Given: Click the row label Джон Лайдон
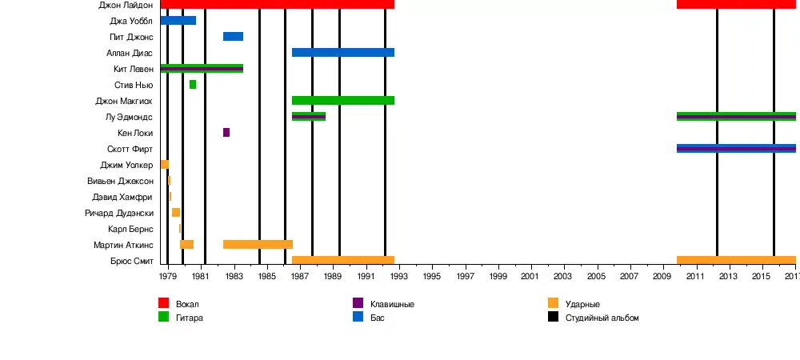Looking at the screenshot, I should pos(126,5).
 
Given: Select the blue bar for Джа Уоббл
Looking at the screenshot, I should pos(178,21).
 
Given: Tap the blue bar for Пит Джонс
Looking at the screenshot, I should pos(233,37).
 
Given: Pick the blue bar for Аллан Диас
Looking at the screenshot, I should pos(342,53).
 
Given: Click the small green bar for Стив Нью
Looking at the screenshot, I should pos(193,85).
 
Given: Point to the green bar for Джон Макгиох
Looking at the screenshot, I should pos(342,101).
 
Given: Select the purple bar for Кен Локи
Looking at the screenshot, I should pos(226,133).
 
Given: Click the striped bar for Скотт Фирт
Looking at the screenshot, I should pos(736,149).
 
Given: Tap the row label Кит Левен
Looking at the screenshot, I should pos(133,70).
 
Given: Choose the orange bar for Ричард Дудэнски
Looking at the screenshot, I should pos(176,213).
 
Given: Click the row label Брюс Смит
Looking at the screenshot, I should pos(132,262).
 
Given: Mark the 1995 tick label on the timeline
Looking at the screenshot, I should pos(432,276).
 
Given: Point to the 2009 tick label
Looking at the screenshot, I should pos(662,276).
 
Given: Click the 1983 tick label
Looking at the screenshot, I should pos(234,276).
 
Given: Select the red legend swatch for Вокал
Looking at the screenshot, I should pos(163,303).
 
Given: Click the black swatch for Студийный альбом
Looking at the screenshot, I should pos(553,317).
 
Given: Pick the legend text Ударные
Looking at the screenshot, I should pos(582,305).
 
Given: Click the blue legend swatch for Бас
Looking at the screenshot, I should pos(358,317).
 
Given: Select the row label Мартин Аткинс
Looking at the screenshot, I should pos(123,245).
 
